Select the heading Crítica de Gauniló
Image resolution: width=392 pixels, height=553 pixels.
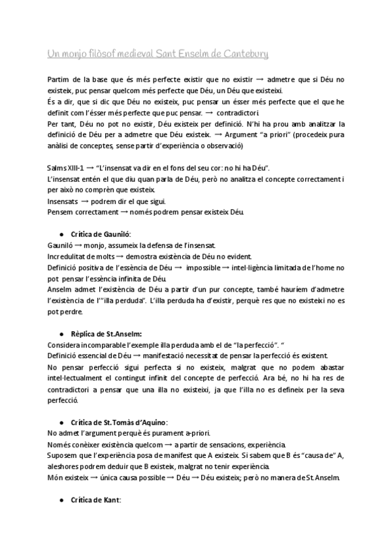tap(99, 233)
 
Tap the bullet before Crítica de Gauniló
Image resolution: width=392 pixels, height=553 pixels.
tap(61, 233)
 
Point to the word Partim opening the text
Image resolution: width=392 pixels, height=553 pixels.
tap(58, 80)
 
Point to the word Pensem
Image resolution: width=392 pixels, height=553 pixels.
tap(61, 212)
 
